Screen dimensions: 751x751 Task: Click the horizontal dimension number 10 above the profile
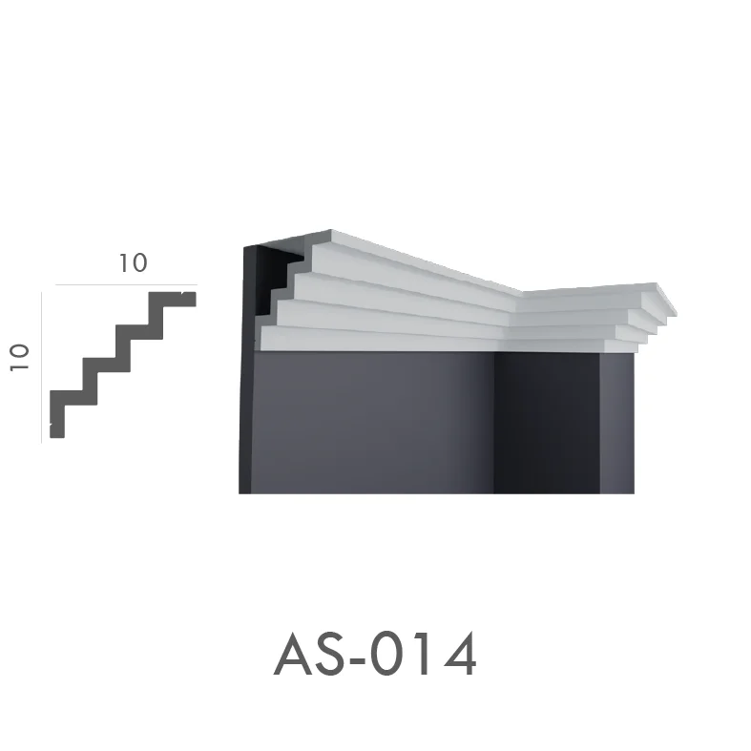133,263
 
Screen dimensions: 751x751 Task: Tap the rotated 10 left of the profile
20,357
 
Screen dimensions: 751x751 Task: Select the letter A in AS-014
295,654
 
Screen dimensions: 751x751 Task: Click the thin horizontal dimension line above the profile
127,284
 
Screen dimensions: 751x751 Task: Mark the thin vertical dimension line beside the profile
42,367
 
